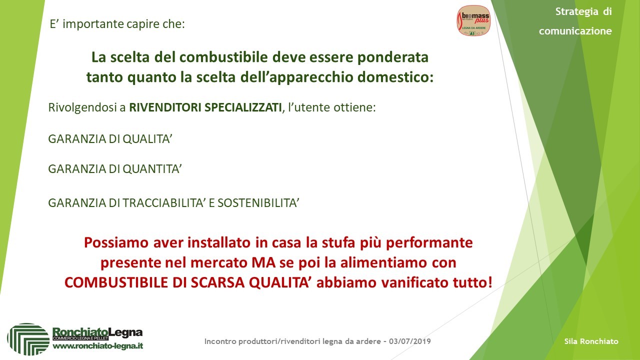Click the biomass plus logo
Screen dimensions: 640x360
473,21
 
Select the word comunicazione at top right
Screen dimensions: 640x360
575,31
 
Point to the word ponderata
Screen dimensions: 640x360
393,57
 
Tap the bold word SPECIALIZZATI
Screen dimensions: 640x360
243,107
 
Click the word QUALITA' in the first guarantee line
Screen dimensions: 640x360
147,139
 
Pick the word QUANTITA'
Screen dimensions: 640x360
152,169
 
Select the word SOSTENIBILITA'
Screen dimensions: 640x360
258,203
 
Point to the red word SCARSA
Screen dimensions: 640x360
217,283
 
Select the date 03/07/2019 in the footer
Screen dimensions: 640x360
410,341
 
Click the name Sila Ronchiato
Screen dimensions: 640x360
591,341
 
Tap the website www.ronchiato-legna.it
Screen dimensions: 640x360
98,346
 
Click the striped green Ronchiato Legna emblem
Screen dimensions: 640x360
28,339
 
